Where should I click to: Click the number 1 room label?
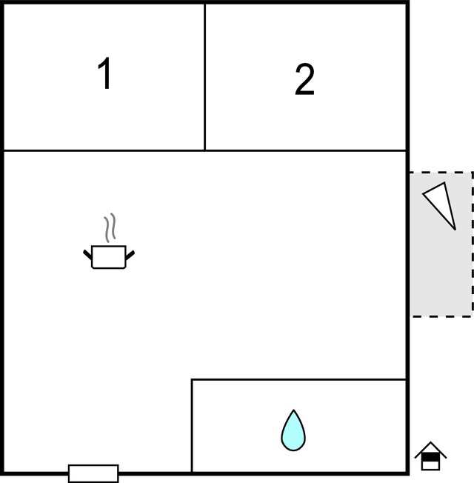(x=105, y=73)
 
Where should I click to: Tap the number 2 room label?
(x=304, y=79)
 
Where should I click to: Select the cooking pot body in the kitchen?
(x=109, y=257)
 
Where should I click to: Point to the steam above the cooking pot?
(x=110, y=227)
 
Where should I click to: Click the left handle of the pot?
(x=87, y=255)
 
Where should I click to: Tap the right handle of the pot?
(x=130, y=255)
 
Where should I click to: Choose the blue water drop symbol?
(x=293, y=430)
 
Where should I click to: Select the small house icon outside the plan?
(x=430, y=456)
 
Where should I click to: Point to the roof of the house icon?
(x=430, y=450)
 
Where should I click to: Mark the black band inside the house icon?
(x=430, y=457)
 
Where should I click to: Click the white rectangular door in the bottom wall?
(x=93, y=473)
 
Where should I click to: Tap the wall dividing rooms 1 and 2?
(x=205, y=77)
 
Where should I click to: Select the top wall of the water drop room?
(x=298, y=379)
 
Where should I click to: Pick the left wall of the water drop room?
(x=192, y=425)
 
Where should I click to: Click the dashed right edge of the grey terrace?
(x=473, y=244)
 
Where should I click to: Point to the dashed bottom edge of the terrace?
(x=441, y=316)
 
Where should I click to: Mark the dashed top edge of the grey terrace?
(x=441, y=172)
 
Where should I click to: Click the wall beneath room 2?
(x=306, y=150)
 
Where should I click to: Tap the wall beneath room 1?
(x=104, y=150)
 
